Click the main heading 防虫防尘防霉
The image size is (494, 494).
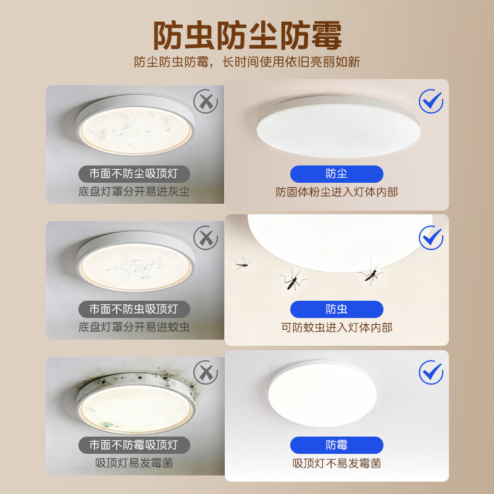[248, 36]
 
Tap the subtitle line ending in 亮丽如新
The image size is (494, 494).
[247, 62]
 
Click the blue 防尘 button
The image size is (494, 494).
[337, 174]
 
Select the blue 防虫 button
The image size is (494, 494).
[337, 309]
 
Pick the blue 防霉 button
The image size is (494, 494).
[337, 445]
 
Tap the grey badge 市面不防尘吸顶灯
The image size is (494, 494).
[134, 174]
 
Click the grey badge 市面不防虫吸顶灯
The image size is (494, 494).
[134, 309]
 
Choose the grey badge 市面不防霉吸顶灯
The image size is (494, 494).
[134, 445]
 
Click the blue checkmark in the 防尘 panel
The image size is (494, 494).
[431, 101]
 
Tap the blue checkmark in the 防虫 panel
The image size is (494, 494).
[431, 238]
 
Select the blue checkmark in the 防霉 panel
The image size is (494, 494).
[431, 372]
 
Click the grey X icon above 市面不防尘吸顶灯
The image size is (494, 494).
[206, 101]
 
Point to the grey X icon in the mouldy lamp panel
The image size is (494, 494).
[206, 373]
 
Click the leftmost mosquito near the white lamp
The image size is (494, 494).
[241, 264]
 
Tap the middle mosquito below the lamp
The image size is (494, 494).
[293, 280]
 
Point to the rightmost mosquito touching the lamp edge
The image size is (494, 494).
[371, 274]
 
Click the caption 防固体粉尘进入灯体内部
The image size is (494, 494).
[337, 192]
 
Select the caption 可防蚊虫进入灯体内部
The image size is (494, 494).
[337, 328]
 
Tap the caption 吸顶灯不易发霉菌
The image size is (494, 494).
[337, 464]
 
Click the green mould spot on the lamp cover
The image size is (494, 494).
[106, 424]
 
